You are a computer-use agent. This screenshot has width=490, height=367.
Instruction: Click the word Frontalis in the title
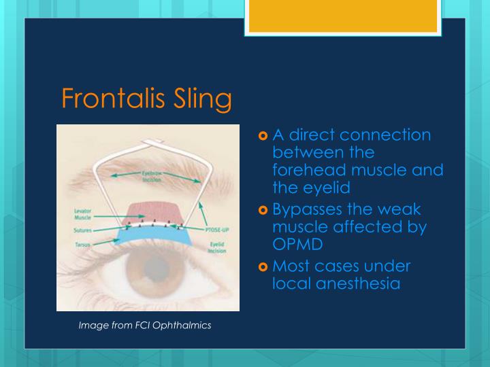pos(110,99)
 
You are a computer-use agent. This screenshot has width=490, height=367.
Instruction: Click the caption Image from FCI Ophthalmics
pos(145,326)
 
